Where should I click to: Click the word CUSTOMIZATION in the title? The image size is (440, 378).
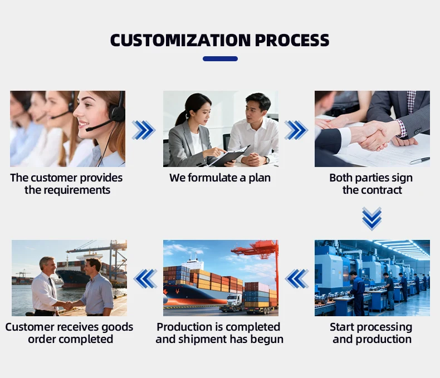click(x=180, y=40)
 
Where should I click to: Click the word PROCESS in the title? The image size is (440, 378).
click(x=292, y=40)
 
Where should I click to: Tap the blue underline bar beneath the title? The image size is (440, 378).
click(x=220, y=58)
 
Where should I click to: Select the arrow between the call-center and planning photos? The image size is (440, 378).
click(x=144, y=130)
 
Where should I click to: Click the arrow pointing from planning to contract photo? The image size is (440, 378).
click(x=296, y=130)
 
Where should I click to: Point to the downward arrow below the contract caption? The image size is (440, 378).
click(x=372, y=219)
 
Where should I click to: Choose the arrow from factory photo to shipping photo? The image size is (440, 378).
click(x=297, y=278)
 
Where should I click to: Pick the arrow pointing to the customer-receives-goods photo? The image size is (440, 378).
click(x=145, y=278)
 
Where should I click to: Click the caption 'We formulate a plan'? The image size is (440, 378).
click(x=220, y=178)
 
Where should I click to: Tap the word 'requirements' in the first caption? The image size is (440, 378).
click(x=67, y=190)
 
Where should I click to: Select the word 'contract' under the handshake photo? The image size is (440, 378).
click(x=382, y=190)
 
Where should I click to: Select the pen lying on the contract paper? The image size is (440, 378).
click(x=419, y=160)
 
